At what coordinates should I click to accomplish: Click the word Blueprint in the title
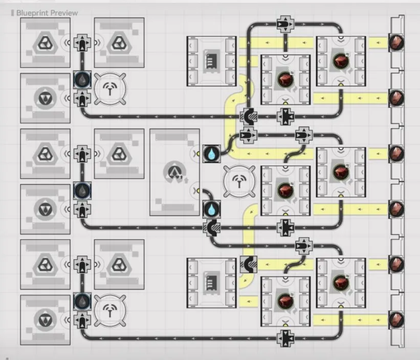pos(32,12)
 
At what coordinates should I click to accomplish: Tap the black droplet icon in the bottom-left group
pos(82,301)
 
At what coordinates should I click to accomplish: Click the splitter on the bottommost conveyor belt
pos(284,337)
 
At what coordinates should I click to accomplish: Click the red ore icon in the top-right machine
pos(340,61)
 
